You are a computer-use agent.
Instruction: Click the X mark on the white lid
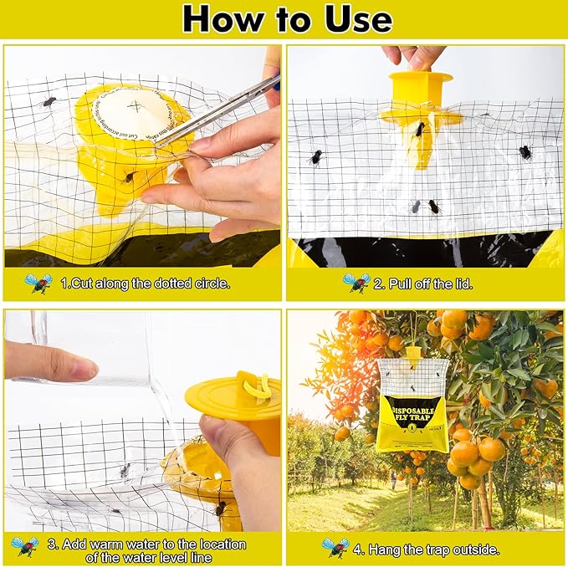[135, 105]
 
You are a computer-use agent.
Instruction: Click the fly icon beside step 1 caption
[38, 283]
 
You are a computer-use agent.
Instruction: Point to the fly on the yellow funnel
[419, 130]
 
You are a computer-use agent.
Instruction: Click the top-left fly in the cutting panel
[49, 102]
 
